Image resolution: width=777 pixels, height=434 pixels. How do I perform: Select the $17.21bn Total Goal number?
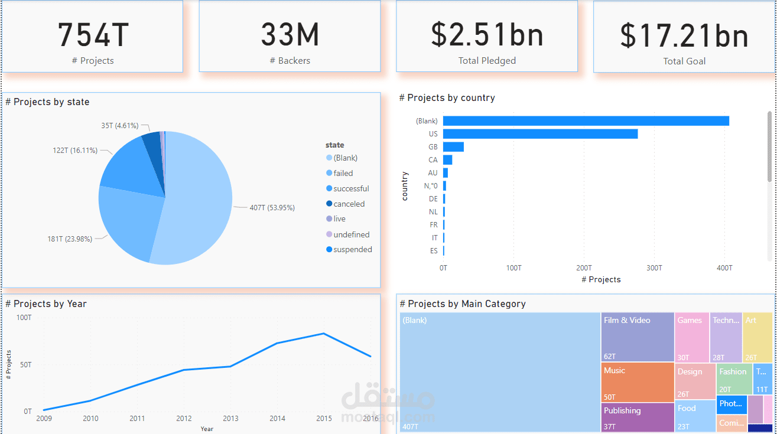pos(684,35)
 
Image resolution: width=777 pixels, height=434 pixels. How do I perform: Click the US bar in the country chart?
pos(540,134)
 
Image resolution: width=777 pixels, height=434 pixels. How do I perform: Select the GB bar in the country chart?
pos(453,147)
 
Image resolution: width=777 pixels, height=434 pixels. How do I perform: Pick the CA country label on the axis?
pos(433,160)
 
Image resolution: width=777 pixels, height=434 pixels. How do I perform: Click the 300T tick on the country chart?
pos(654,268)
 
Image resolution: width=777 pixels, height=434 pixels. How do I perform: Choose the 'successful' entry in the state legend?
pos(351,189)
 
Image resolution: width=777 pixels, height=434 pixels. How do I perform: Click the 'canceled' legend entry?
pos(349,204)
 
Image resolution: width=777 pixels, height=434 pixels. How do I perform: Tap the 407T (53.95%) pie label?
pos(272,208)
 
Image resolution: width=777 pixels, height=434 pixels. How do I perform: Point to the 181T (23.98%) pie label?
pos(70,239)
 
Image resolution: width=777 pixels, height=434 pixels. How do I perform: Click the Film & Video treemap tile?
pos(638,337)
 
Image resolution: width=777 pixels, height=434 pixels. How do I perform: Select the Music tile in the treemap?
pos(638,382)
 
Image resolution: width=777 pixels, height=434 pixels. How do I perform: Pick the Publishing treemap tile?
pos(638,417)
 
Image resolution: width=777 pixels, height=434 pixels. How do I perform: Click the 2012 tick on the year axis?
pos(184,419)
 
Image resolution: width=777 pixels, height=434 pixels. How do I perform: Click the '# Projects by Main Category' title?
pos(463,304)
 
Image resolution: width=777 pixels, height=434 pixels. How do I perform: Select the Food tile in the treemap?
pos(695,416)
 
